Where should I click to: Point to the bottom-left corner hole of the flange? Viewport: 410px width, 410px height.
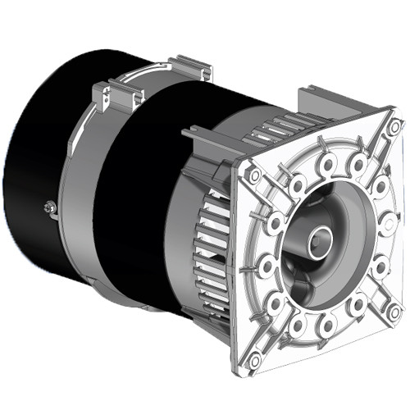pyautogui.click(x=255, y=358)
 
